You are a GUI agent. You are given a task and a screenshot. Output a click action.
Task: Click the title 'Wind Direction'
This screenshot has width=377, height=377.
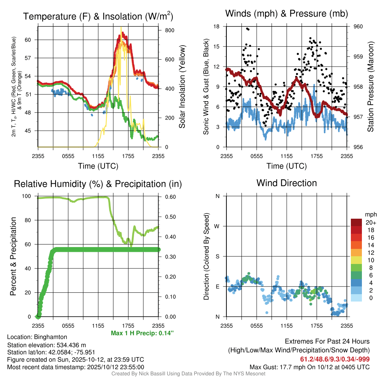[286, 183]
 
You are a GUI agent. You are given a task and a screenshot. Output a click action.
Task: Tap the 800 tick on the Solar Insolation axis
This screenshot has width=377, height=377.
[164, 30]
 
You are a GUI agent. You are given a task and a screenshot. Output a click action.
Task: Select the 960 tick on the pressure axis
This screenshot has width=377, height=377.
[358, 27]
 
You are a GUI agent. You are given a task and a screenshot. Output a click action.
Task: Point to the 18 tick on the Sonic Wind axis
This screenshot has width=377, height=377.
[216, 27]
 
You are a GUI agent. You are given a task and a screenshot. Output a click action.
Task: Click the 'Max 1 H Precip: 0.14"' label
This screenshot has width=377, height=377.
[142, 333]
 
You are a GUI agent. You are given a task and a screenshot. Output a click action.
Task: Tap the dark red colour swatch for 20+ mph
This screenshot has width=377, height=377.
[356, 222]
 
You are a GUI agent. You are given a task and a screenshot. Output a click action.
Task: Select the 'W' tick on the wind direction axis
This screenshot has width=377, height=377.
[217, 226]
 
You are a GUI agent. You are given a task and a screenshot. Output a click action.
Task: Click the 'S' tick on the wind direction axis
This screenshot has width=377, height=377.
[218, 257]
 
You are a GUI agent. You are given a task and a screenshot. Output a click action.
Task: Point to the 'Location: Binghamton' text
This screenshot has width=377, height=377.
[37, 337]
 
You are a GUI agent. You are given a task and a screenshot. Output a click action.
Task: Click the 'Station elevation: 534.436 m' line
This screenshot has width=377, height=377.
[46, 345]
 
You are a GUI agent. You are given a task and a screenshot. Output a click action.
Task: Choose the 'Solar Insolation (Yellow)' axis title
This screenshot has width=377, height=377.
[182, 87]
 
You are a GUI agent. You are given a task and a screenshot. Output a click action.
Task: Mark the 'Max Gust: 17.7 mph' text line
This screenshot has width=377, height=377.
[309, 367]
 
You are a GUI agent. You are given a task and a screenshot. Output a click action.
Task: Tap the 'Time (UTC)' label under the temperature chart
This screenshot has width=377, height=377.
[98, 166]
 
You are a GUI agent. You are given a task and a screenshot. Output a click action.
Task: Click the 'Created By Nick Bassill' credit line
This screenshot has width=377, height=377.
[188, 374]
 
